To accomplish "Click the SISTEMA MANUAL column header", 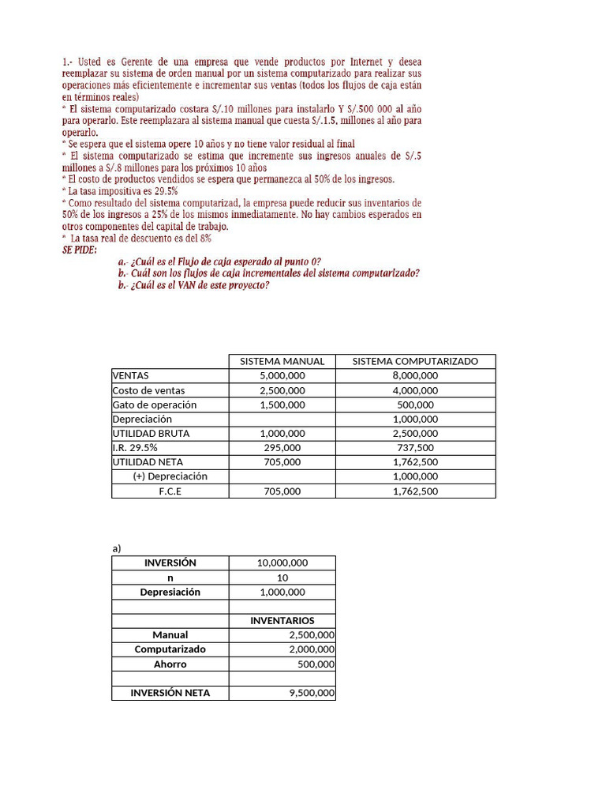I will [282, 361].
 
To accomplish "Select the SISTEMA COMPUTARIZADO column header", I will [415, 361].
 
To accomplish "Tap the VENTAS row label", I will [131, 376].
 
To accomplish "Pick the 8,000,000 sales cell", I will [415, 376].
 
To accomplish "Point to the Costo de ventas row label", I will [149, 390].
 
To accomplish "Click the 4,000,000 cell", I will [415, 390].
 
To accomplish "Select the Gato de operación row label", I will [155, 404].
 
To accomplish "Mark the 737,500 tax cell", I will [415, 447].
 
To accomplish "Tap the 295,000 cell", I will [282, 447].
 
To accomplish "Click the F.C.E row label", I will [170, 491].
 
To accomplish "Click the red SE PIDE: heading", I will [79, 250].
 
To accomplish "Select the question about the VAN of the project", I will [194, 285].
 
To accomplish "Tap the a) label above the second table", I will [118, 547].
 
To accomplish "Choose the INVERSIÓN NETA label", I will [170, 693].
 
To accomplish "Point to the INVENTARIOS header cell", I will [282, 621].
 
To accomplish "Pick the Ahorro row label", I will [170, 664].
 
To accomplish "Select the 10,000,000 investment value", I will [282, 563].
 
